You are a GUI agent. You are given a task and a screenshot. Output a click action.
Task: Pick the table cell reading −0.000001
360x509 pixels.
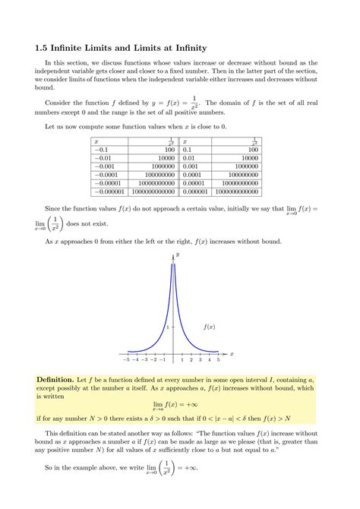click(x=110, y=192)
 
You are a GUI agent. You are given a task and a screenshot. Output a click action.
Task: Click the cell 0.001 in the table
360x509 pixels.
click(x=189, y=166)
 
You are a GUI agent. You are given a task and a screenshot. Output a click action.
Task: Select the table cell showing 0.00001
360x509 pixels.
click(x=194, y=183)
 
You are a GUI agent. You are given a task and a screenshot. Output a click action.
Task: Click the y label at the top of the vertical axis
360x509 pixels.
click(x=177, y=254)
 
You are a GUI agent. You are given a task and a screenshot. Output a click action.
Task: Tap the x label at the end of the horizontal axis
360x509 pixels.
click(x=232, y=353)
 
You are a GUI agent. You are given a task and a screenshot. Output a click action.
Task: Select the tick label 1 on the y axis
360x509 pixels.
click(x=169, y=327)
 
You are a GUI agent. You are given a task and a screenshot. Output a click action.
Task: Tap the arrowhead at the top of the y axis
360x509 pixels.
click(x=173, y=256)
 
